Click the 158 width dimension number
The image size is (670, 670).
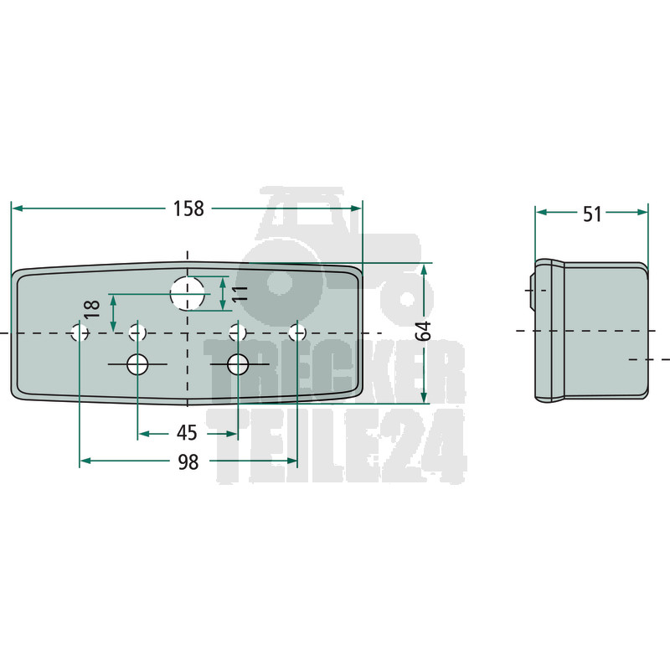(188, 209)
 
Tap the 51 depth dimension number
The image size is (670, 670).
(592, 214)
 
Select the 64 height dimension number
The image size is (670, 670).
(424, 331)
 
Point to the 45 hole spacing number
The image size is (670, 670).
(187, 433)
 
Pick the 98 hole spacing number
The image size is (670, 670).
(188, 462)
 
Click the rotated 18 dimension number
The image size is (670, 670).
(92, 309)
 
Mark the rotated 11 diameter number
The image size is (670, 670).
(241, 294)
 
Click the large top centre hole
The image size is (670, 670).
(187, 293)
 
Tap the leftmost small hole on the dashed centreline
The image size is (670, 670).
(80, 332)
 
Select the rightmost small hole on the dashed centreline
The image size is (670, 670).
(297, 332)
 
